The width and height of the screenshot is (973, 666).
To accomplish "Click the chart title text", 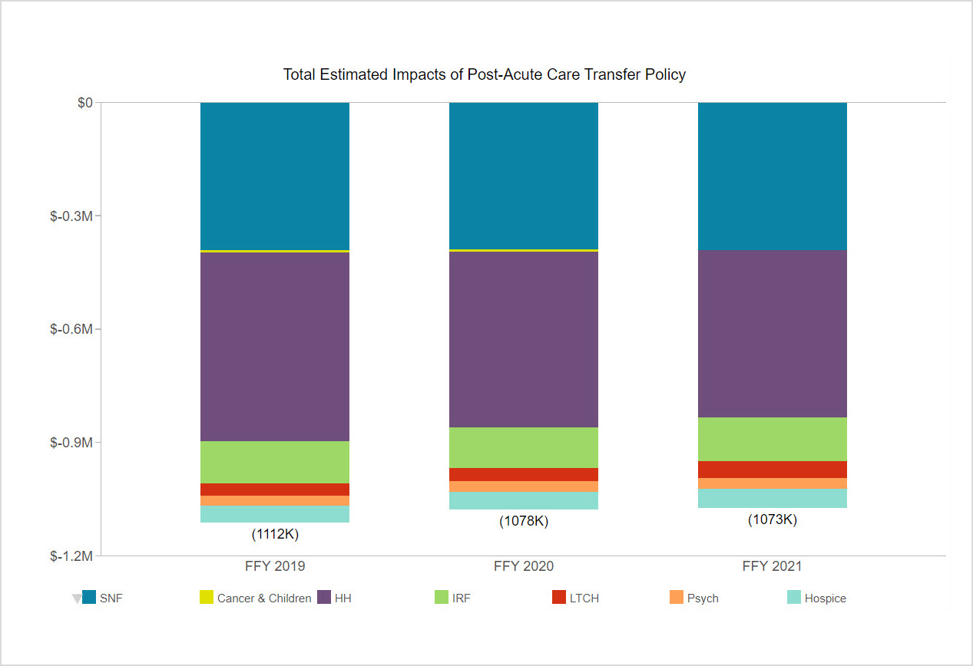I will (484, 74).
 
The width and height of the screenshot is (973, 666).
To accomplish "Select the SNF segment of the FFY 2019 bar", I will (275, 176).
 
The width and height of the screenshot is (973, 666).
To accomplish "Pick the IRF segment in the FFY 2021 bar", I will (772, 439).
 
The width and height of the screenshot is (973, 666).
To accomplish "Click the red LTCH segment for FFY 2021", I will (772, 470).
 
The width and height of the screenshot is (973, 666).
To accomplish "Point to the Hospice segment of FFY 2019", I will (275, 514).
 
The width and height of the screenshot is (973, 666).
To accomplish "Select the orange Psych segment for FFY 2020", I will (523, 486).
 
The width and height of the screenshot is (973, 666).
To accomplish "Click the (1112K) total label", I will (275, 534).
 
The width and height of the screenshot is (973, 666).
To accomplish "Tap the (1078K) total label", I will (523, 521).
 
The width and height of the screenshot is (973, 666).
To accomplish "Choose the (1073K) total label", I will (772, 519).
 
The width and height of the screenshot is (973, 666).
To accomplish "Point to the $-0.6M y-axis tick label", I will (71, 329).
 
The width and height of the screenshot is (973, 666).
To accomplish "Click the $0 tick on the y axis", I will (84, 103).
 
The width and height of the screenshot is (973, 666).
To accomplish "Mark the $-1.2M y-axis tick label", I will (71, 556).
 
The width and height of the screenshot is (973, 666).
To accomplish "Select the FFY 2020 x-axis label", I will (523, 567).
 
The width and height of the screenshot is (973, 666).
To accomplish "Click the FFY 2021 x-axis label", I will (772, 567).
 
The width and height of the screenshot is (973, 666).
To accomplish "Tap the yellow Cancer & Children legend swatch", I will (207, 597).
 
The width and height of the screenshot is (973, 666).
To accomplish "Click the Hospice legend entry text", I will (825, 598).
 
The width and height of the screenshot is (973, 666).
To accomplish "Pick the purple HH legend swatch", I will (324, 597).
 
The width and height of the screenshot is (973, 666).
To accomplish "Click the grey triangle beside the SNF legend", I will (77, 598).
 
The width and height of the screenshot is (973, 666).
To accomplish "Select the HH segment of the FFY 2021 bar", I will (772, 334).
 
